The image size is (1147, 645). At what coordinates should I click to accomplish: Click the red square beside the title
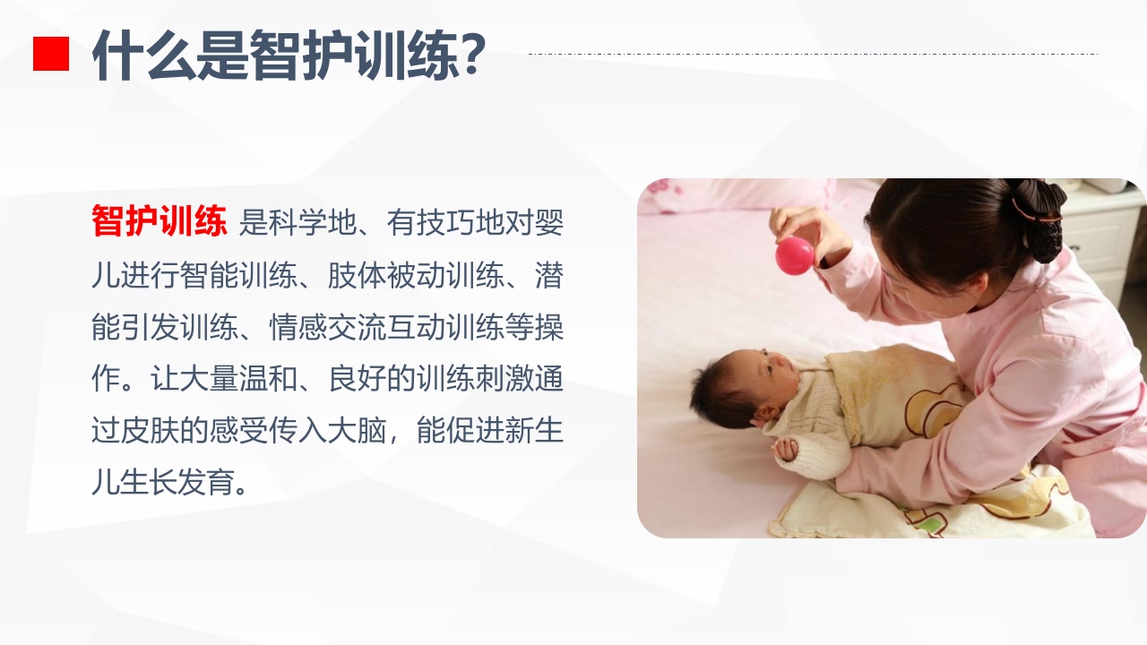51,53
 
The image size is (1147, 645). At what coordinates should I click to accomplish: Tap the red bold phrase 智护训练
160,222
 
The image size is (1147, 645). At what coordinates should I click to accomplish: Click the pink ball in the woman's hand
795,255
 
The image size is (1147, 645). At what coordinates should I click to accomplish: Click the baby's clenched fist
786,447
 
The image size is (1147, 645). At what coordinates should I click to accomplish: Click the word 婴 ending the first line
548,223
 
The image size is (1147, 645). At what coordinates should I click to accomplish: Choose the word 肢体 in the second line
358,275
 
